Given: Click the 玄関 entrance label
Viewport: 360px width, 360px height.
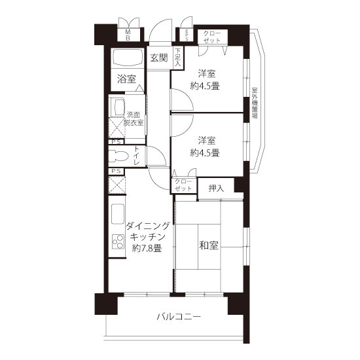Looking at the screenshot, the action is point(159,58).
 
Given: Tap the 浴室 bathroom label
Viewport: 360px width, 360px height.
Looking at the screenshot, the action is point(126,79).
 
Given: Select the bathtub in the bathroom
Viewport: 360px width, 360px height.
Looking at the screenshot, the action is point(127,58).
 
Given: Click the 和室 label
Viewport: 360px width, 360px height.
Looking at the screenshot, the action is point(209,245).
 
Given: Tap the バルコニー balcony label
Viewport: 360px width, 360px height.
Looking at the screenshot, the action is point(179,317).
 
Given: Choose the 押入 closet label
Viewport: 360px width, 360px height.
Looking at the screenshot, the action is point(216,189).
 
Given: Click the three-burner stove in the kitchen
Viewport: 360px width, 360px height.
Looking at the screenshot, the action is point(118,242).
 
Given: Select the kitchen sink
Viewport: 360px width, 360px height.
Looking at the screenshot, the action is point(118,214).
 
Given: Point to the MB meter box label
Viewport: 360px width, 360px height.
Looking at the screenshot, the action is point(128,35).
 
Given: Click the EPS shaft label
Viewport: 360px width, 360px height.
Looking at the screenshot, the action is point(187,35).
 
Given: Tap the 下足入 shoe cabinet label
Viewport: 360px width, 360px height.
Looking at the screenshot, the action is point(178,58).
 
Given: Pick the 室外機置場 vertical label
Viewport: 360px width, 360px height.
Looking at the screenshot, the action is point(255,103).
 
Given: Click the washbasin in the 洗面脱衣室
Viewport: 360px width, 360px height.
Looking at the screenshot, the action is point(118,107).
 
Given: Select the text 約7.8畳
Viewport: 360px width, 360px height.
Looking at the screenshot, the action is point(147,248).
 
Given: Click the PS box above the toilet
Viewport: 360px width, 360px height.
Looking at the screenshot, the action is point(116,142).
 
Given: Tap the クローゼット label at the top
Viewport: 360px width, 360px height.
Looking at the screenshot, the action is point(212,37).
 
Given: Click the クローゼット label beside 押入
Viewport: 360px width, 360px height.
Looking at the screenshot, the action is point(183,185).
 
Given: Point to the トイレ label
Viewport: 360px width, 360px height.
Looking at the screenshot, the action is point(136,155).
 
